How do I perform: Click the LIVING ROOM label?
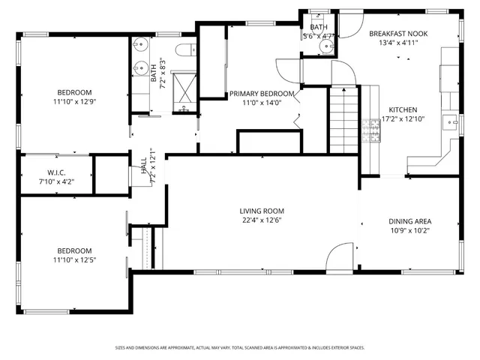[x=262, y=211]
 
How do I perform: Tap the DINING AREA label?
[x=409, y=221]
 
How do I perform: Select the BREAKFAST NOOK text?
[x=398, y=34]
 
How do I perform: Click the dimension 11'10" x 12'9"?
[x=73, y=101]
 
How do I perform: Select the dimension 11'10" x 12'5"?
[x=73, y=260]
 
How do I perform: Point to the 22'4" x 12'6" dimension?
[x=262, y=220]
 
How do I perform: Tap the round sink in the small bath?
[x=325, y=46]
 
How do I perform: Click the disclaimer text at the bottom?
[x=240, y=347]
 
